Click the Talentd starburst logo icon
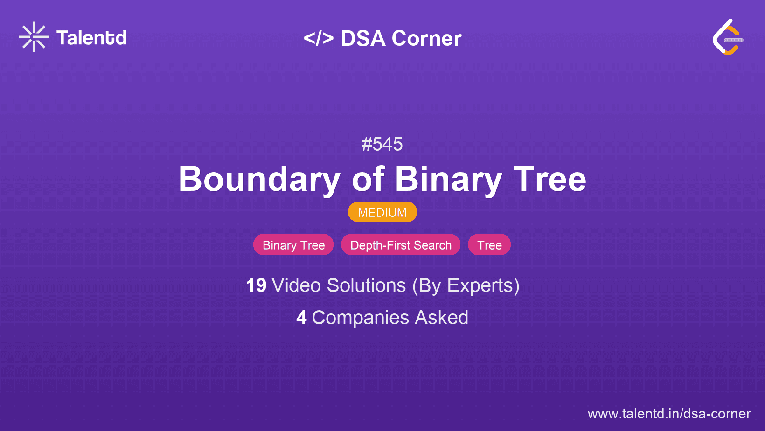[34, 37]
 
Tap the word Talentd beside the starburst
[91, 38]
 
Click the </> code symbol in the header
[319, 38]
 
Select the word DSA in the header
[363, 38]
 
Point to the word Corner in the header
[426, 38]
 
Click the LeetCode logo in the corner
[728, 37]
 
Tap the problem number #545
[382, 144]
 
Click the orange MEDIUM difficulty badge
[382, 212]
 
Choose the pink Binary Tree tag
[293, 245]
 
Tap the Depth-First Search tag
[401, 245]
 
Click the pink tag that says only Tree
[489, 245]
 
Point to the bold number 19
[256, 285]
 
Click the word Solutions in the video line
[366, 285]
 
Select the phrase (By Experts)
[466, 286]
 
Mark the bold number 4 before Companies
[301, 318]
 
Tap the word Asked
[441, 318]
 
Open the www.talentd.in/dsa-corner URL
[669, 414]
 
